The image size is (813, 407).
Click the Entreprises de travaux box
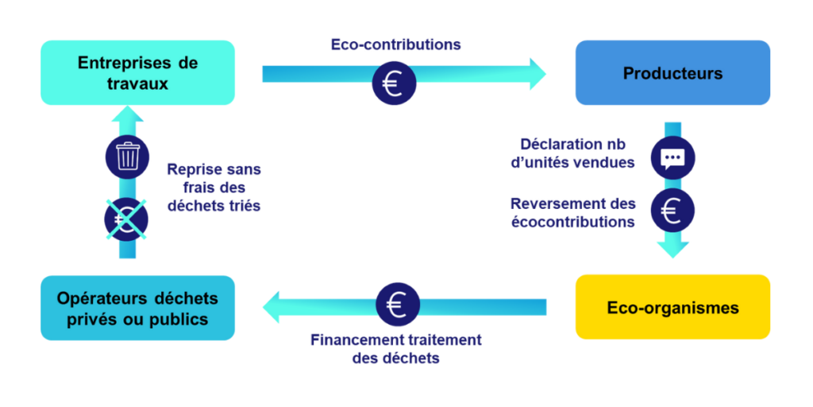137,72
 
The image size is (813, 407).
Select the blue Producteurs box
672,73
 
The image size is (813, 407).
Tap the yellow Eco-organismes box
672,307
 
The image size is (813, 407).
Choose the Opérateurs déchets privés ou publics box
137,308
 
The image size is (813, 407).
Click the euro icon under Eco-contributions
394,83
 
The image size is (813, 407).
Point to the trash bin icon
127,156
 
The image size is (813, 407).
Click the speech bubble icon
672,157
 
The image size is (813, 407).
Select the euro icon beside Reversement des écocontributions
672,211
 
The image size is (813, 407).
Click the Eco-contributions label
395,44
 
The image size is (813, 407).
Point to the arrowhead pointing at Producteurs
537,74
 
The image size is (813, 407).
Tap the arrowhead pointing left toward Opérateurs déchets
273,307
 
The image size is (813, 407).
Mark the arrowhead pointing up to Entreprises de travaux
127,117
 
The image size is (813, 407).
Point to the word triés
244,205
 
